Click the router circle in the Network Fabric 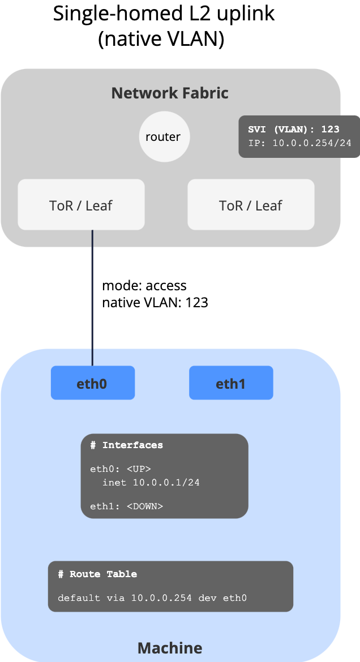point(164,136)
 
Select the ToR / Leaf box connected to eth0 point(81,205)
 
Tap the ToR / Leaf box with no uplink point(251,205)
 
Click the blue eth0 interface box point(93,384)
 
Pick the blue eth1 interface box point(231,384)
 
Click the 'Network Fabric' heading point(170,93)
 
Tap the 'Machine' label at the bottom point(170,647)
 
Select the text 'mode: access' point(144,286)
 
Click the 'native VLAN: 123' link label point(155,303)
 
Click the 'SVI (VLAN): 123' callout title point(294,130)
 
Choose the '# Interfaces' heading point(127,445)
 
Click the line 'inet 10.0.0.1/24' point(151,483)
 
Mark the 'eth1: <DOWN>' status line point(126,506)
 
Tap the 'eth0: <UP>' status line point(121,469)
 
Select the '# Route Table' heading point(97,574)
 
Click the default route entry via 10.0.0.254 point(153,597)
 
